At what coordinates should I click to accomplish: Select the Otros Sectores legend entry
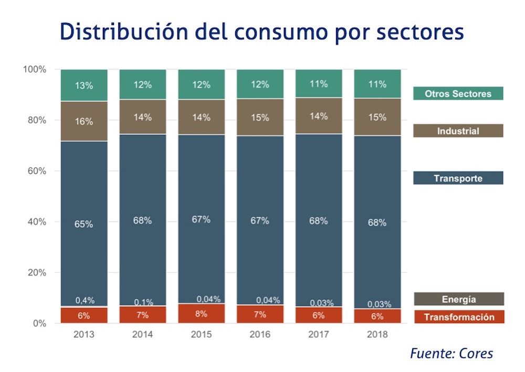point(458,94)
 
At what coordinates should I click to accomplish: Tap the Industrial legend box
point(458,131)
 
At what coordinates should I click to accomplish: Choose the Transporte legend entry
point(458,178)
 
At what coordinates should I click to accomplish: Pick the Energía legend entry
point(458,299)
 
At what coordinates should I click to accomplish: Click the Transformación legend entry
point(459,317)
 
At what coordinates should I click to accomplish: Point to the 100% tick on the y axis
point(35,69)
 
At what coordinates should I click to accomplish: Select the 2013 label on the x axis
point(84,334)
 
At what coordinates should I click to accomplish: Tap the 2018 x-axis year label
point(377,334)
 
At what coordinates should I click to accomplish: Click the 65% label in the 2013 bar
point(84,224)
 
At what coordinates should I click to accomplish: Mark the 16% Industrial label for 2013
point(84,121)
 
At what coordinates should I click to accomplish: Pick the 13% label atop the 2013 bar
point(84,86)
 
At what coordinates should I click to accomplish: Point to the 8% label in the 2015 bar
point(201,314)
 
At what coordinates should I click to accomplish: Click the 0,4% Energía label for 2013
point(84,301)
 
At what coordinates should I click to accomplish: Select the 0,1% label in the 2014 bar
point(143,302)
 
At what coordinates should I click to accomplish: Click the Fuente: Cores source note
point(451,353)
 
